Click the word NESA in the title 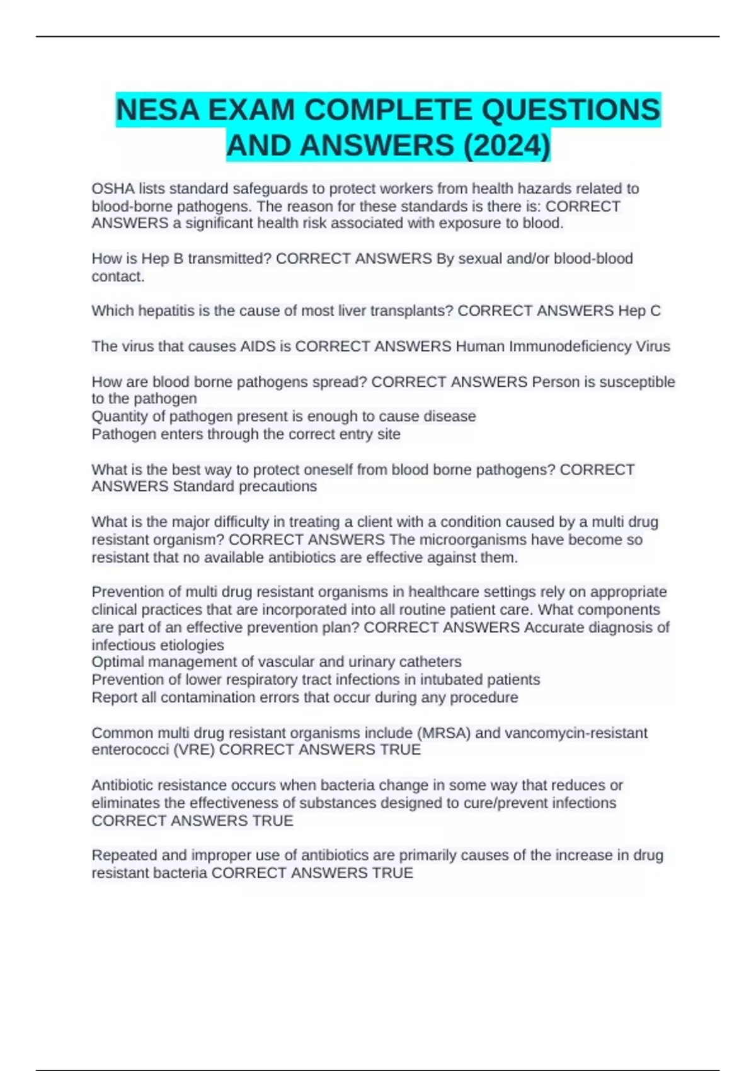tap(157, 110)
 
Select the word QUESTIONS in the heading tap(571, 110)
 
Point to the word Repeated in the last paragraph tap(123, 855)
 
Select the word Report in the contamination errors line tap(113, 697)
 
